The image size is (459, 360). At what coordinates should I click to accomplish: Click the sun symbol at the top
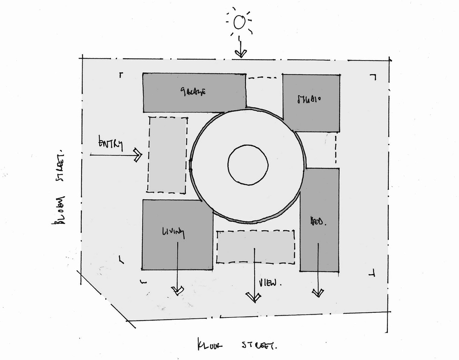point(239,22)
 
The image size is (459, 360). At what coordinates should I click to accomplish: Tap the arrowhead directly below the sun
point(240,54)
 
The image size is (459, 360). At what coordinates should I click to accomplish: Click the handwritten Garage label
point(192,92)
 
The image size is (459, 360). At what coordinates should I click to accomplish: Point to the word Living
point(173,232)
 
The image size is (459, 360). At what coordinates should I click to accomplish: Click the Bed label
point(318,221)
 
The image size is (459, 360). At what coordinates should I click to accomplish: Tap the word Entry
point(111,144)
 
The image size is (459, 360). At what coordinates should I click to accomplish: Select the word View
point(268,283)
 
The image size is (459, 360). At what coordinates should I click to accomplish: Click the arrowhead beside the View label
point(252,298)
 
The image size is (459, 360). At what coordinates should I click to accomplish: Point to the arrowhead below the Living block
point(177,289)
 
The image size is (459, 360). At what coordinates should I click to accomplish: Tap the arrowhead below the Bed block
point(317,292)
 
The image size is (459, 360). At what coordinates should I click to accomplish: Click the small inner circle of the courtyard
point(248,165)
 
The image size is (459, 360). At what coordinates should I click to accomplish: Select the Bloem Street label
point(60,186)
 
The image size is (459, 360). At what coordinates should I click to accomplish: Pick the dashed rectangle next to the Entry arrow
point(168,155)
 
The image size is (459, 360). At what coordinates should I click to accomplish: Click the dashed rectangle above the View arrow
point(255,247)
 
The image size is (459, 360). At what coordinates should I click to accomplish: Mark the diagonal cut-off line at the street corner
point(107,298)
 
